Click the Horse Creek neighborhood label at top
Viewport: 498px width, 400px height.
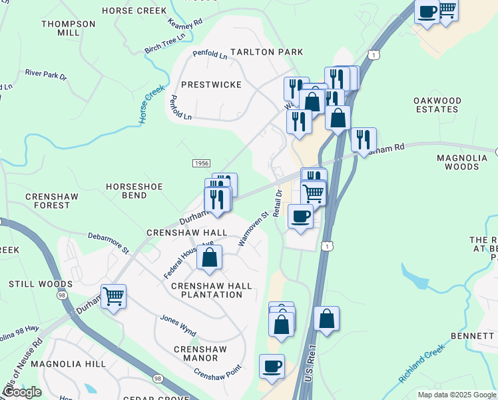pos(133,11)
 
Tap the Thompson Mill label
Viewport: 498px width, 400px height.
pos(69,28)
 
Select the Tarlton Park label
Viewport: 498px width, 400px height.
pos(266,52)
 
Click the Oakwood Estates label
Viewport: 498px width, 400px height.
pos(437,105)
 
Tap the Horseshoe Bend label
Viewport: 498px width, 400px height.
pos(134,191)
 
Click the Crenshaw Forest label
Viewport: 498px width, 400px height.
pos(47,201)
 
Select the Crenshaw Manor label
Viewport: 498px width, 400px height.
pos(200,353)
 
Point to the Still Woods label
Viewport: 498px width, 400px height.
pos(31,284)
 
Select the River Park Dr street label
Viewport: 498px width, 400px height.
pos(46,73)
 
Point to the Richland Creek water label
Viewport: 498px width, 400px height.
pos(421,364)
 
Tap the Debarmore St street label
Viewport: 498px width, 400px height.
pos(109,243)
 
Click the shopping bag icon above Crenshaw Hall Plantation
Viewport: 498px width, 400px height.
pos(209,257)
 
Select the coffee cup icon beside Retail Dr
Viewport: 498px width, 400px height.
pos(300,217)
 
